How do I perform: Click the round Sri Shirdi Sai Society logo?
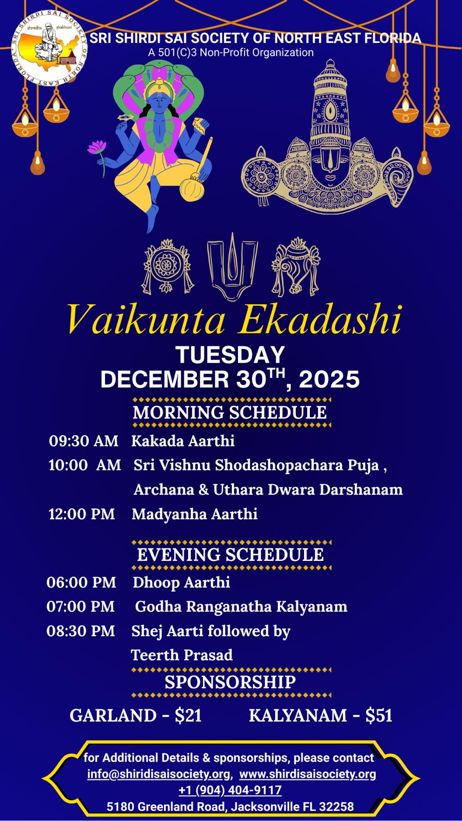click(49, 48)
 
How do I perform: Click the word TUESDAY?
click(230, 355)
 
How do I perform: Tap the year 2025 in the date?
click(329, 379)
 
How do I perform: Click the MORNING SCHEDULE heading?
click(230, 413)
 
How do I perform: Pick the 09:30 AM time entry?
click(84, 441)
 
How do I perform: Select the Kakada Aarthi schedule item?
click(183, 441)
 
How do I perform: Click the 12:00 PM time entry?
click(82, 514)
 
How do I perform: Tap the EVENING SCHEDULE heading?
click(230, 555)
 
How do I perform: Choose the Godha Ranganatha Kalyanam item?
click(241, 607)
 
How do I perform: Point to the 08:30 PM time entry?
click(81, 631)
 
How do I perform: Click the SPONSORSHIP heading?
click(230, 682)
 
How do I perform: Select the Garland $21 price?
click(135, 715)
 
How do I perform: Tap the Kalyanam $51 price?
click(320, 715)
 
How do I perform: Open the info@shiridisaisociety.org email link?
click(159, 774)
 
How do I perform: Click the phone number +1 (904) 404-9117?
click(230, 790)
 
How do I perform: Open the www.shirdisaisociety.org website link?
click(308, 774)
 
